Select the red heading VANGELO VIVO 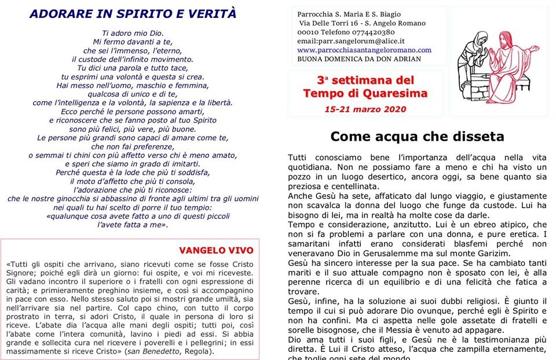pyautogui.click(x=216, y=250)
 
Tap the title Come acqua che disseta pyautogui.click(x=417, y=137)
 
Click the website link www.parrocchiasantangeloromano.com pyautogui.click(x=364, y=50)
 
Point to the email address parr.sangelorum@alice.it pyautogui.click(x=350, y=41)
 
